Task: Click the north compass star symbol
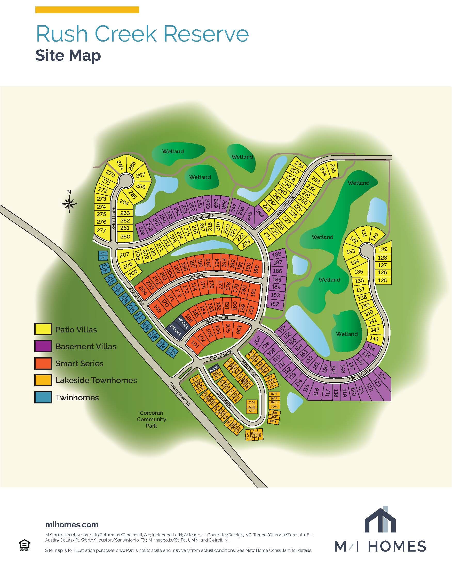[x=69, y=204]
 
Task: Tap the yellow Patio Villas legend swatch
[x=43, y=329]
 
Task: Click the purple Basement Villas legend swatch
[x=43, y=346]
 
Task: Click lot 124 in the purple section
[x=382, y=377]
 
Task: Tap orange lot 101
[x=195, y=345]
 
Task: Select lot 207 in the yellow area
[x=124, y=255]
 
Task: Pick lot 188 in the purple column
[x=277, y=254]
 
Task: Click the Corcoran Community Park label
[x=151, y=419]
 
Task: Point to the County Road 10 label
[x=180, y=394]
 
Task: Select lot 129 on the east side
[x=383, y=249]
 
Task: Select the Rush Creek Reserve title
[x=142, y=34]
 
